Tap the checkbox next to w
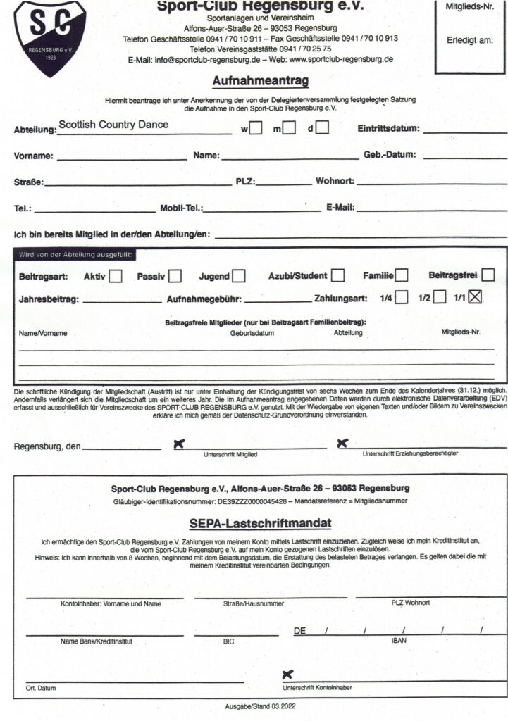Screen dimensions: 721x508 pos(256,128)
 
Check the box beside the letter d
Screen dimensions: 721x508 pos(322,128)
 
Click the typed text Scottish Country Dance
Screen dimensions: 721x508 pos(113,125)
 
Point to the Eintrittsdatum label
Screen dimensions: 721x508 pos(388,129)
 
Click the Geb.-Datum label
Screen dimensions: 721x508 pos(390,155)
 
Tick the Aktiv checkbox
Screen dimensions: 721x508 pos(116,276)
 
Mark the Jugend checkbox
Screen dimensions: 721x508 pos(240,276)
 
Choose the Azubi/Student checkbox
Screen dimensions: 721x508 pos(338,275)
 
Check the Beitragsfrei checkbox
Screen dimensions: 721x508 pos(488,275)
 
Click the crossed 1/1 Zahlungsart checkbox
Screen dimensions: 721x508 pos(475,297)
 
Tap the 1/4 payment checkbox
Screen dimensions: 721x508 pos(401,297)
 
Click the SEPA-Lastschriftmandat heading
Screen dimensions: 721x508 pos(250,524)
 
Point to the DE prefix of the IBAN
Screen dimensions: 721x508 pos(299,631)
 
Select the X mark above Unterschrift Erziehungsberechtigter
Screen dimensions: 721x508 pos(342,443)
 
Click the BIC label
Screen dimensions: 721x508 pos(228,641)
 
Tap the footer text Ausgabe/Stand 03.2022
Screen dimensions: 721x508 pos(260,705)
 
